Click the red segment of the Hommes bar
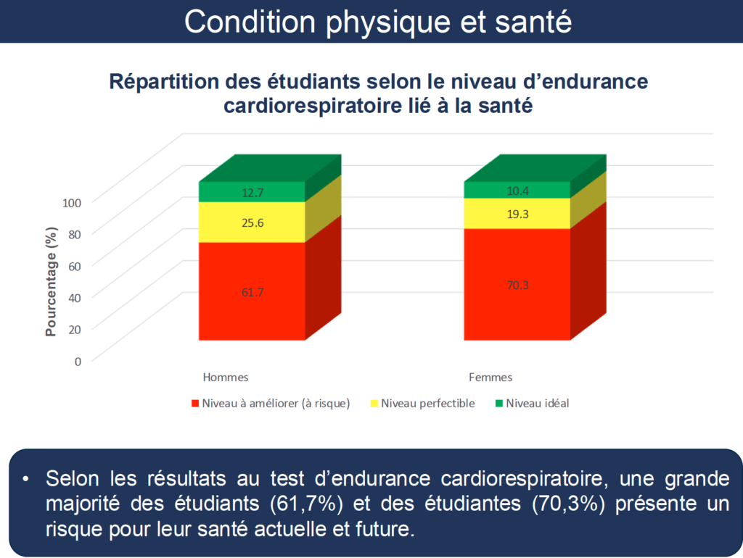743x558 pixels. [x=252, y=291]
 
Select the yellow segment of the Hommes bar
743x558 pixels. [x=252, y=222]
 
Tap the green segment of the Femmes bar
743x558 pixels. [x=517, y=189]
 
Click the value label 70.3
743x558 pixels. [x=517, y=286]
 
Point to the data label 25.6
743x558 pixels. [x=253, y=223]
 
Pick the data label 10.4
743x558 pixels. [x=517, y=191]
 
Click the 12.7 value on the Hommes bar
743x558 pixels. [x=253, y=193]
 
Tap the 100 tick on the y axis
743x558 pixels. [x=72, y=203]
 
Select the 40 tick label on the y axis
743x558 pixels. [x=75, y=298]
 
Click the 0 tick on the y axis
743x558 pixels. [x=78, y=362]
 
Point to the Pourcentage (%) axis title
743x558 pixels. [x=52, y=282]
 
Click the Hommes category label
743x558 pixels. [x=226, y=378]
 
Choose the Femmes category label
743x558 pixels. [x=490, y=378]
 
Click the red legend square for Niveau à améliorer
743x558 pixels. [x=194, y=404]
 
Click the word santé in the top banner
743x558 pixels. [x=533, y=22]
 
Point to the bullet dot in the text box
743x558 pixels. [x=25, y=480]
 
